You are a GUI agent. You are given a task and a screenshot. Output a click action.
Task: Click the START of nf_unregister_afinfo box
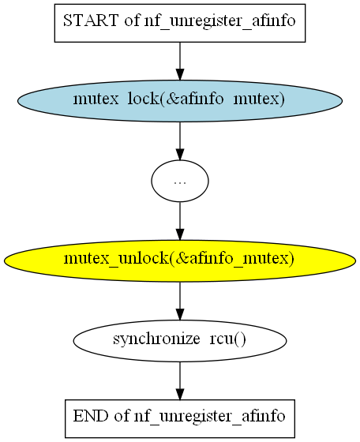180,23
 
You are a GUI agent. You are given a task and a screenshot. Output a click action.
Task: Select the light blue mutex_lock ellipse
180,101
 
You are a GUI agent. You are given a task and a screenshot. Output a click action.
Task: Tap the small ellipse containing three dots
180,181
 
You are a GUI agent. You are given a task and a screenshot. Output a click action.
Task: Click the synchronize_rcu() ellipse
180,341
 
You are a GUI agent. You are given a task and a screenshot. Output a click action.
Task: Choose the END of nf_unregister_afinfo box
180,418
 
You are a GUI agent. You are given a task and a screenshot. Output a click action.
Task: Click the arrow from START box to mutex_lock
180,62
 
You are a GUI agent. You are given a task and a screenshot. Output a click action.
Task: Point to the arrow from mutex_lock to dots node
180,141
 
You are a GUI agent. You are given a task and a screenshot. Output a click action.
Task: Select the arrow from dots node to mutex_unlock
180,221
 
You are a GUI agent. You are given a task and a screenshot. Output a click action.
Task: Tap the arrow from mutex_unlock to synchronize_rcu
180,301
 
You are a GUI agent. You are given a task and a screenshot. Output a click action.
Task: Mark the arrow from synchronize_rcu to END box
180,380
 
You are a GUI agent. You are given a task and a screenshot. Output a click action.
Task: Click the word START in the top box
91,21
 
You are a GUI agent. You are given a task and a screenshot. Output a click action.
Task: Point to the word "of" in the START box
132,21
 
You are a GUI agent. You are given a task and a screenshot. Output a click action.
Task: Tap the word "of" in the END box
122,416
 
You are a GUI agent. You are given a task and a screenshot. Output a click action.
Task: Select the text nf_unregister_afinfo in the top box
220,21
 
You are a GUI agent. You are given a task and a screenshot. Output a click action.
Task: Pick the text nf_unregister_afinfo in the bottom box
210,417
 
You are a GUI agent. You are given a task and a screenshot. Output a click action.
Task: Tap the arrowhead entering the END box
180,394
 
